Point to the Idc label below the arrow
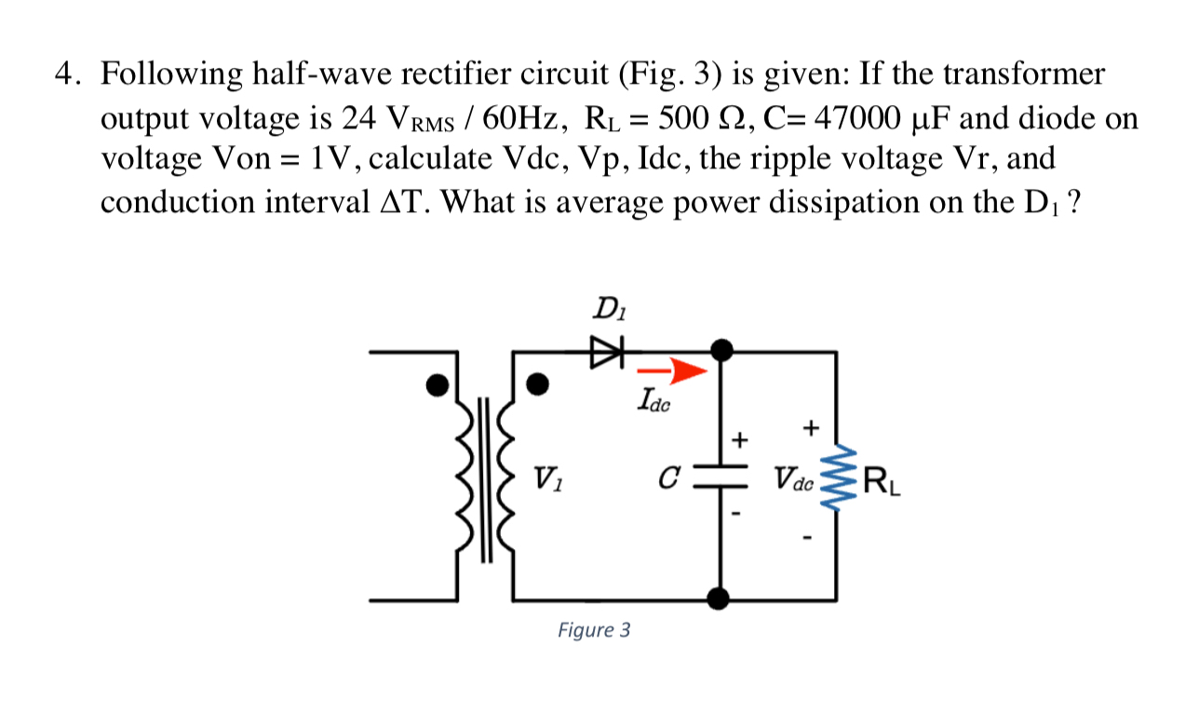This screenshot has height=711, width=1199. click(654, 402)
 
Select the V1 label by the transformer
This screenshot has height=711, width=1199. click(546, 481)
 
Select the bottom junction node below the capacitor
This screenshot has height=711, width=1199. click(719, 598)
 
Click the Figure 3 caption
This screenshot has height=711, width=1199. click(594, 630)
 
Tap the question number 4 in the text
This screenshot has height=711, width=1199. click(62, 74)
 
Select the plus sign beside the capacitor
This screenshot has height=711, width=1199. click(741, 438)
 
